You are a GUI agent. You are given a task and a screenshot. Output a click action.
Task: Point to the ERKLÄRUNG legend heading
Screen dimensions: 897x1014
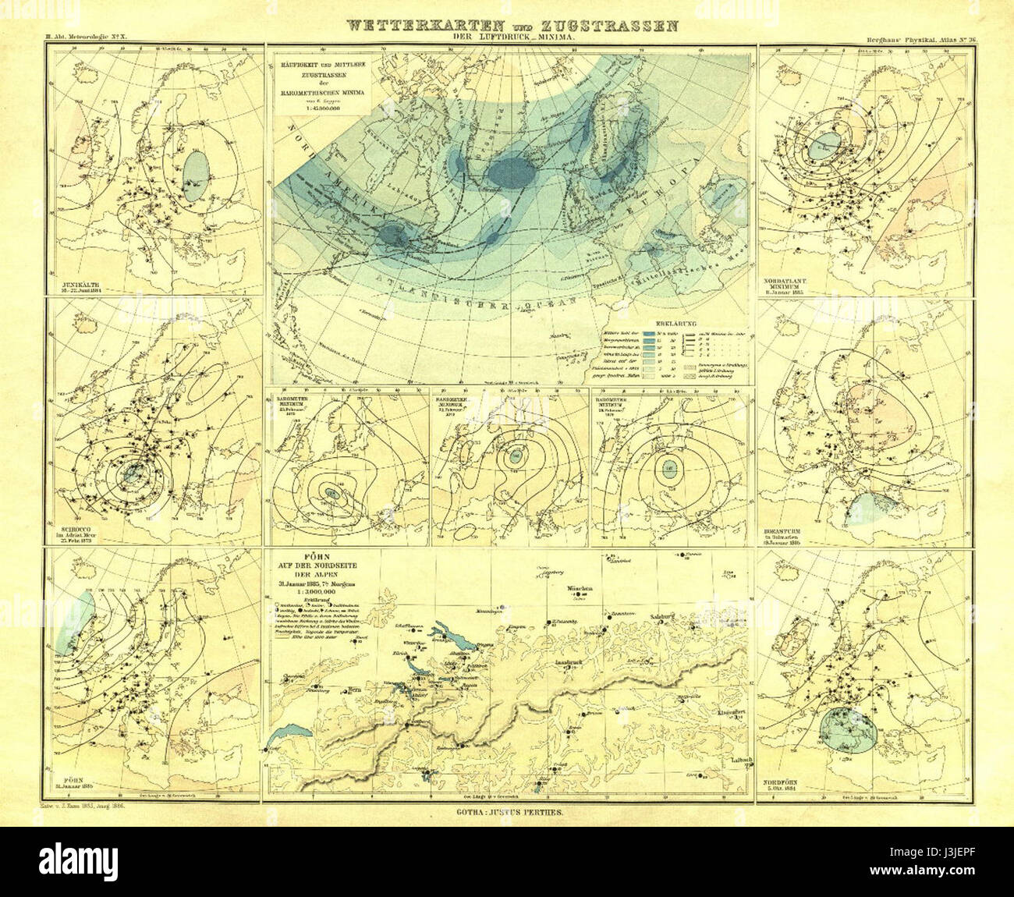(675, 322)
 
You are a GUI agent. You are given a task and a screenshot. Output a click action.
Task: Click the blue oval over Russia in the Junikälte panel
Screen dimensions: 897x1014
(197, 173)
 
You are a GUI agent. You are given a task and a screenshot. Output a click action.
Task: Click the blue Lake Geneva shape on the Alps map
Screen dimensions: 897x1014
(290, 733)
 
